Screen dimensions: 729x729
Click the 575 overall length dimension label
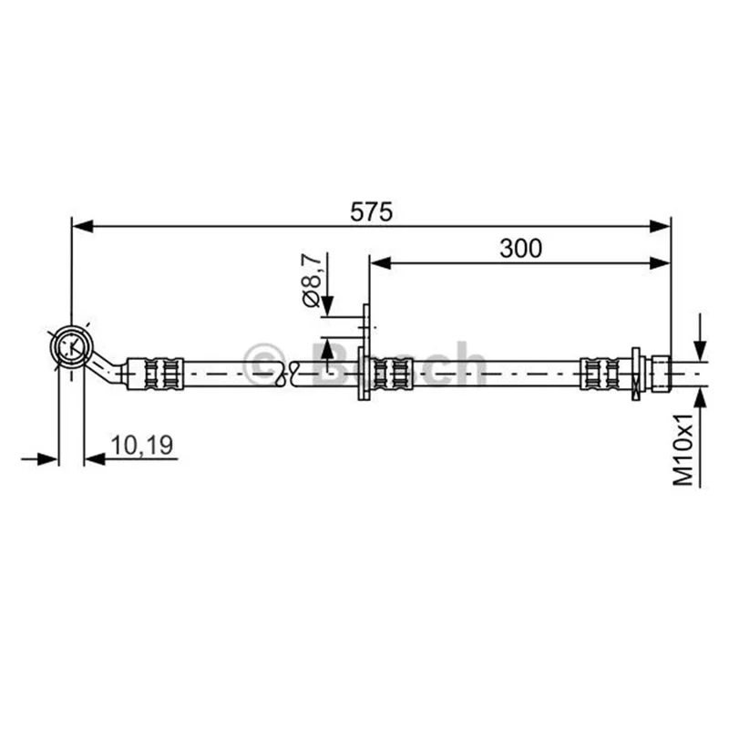371,212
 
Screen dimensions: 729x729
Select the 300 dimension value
520,248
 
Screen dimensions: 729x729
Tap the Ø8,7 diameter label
312,281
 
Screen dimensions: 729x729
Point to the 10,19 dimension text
142,445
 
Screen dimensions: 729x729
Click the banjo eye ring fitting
72,347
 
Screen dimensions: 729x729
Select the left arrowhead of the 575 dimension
83,226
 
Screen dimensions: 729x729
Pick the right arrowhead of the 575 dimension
660,226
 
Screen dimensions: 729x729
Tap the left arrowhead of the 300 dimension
380,263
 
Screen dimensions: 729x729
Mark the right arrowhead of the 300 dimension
660,263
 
